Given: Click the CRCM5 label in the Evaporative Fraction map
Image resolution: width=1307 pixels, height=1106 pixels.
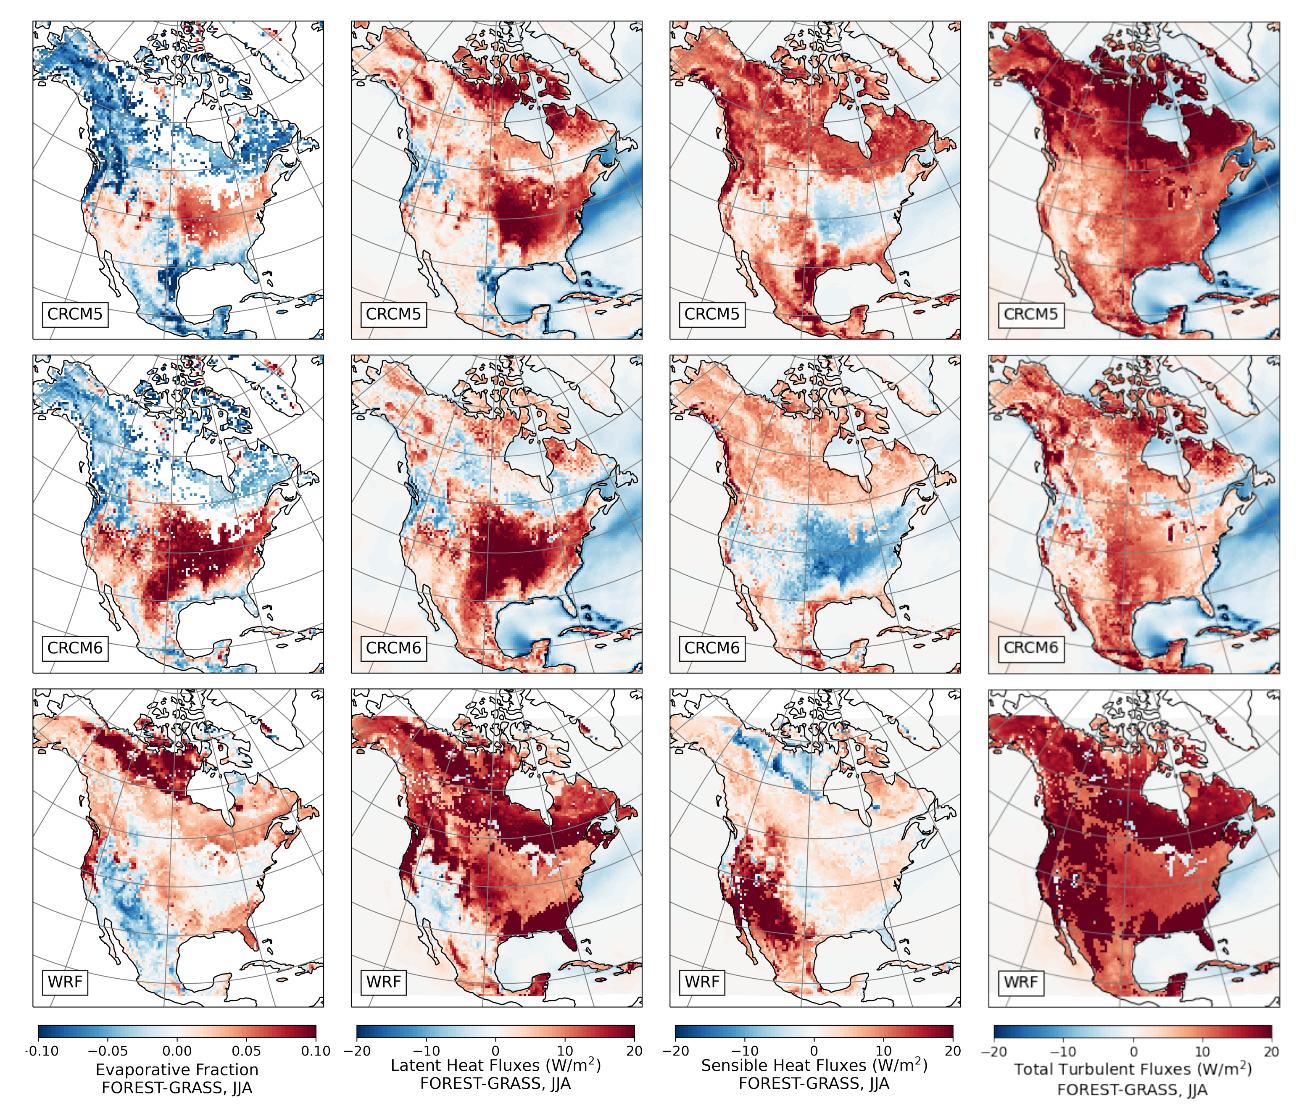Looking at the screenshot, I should pos(75,314).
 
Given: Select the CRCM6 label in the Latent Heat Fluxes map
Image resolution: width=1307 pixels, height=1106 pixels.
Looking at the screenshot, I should pos(393,648).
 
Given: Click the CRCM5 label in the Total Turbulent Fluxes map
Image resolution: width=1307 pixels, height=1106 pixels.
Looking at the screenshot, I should pos(1030,314).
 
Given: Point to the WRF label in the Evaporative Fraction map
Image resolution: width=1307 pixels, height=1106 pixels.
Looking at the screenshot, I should pos(65,982).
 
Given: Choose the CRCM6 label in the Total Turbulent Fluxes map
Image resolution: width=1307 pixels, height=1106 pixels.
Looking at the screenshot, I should pos(1030,648).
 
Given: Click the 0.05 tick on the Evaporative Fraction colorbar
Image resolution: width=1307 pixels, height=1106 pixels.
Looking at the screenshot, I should pos(246,1051).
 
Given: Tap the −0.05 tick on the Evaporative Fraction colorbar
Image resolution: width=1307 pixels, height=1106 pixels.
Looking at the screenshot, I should pos(107,1051).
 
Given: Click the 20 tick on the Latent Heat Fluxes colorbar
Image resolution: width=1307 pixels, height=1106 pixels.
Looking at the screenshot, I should pos(634,1051).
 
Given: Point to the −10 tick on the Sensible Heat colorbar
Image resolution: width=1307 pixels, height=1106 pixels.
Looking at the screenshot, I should pos(744,1051).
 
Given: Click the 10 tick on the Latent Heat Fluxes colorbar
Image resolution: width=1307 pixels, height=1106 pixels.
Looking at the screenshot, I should pos(564,1051).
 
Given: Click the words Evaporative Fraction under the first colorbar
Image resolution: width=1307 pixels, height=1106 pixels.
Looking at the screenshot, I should pos(177,1069).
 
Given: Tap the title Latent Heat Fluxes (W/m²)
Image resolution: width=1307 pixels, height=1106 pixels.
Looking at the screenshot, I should pos(495,1065).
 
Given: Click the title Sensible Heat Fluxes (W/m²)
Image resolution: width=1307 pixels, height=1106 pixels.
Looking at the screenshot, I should pos(814,1065).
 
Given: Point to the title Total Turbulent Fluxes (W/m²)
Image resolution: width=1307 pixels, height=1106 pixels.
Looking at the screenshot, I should pos(1133,1069).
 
